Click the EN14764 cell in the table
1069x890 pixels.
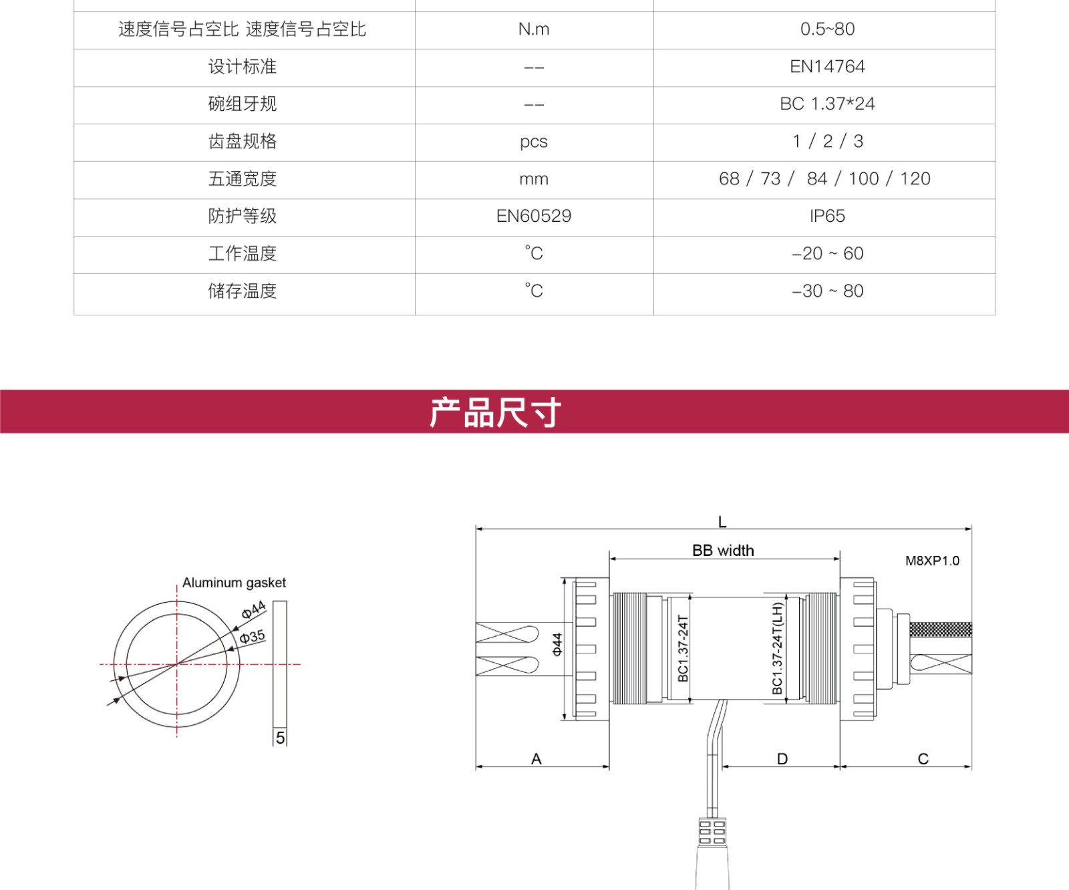827,67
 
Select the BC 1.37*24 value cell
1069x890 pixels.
827,104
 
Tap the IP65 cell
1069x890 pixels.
827,216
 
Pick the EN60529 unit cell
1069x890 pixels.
534,216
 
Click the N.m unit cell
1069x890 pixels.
534,29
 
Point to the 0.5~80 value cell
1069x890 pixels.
827,29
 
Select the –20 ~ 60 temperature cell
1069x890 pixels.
827,254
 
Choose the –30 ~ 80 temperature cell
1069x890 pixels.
827,291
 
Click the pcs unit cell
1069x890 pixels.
534,142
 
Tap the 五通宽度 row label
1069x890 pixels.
243,179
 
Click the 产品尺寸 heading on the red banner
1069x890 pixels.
495,412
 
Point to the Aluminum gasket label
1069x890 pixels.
234,583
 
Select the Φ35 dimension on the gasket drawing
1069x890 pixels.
253,636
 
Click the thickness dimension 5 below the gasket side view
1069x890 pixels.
280,738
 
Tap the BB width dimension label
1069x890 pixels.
723,551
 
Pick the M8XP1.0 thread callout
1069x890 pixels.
932,561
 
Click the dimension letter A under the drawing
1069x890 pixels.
537,759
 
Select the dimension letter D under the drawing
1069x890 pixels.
782,759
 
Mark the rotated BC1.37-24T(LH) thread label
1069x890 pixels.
777,648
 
